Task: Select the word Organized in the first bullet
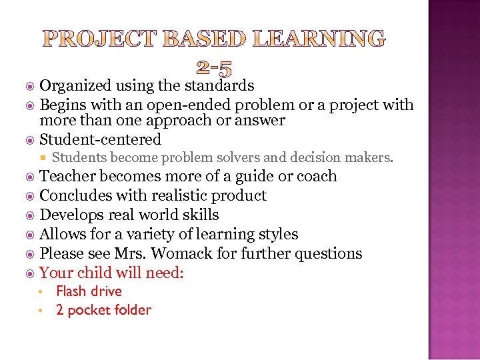(x=75, y=85)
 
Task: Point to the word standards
(x=219, y=85)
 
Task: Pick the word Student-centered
(x=101, y=139)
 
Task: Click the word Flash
(x=70, y=291)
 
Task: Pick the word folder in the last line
(x=135, y=310)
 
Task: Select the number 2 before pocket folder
(x=60, y=310)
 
